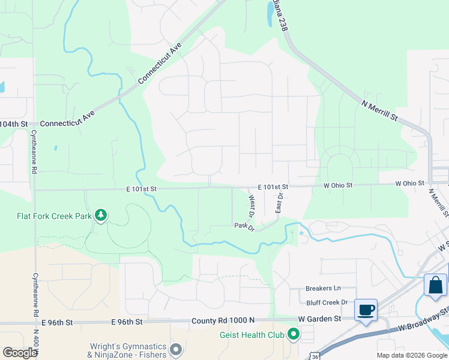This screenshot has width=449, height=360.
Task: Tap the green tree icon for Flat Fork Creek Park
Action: tap(101, 215)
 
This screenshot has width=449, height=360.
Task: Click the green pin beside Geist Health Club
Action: tap(293, 333)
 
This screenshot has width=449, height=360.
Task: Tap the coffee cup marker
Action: tap(366, 311)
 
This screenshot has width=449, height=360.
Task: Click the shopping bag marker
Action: tap(435, 286)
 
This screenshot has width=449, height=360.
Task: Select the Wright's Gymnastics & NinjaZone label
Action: tap(127, 350)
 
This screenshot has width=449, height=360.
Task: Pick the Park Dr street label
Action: tap(244, 226)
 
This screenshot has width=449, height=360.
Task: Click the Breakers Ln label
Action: tap(323, 289)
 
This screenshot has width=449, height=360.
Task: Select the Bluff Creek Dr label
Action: tap(327, 303)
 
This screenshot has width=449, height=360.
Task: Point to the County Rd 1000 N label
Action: tap(223, 321)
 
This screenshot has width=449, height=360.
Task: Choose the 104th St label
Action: tap(14, 124)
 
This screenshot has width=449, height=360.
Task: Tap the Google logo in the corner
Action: tap(20, 352)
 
